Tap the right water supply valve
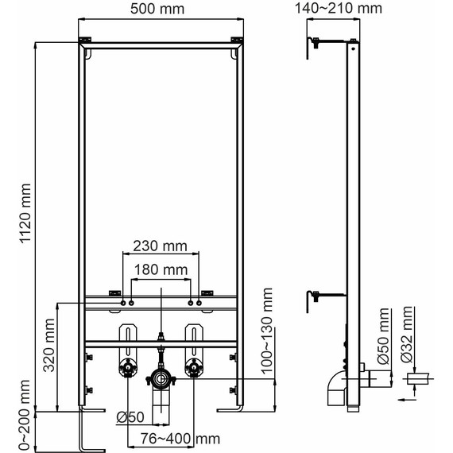tap(192, 368)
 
